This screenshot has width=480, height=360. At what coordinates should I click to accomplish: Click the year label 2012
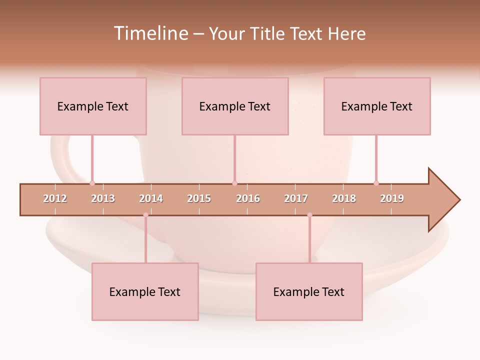(55, 198)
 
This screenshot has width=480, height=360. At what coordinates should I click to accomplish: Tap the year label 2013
(103, 198)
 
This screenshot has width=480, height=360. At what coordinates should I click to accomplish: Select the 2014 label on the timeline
(151, 198)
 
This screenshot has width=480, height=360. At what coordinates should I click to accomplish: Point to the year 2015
(199, 198)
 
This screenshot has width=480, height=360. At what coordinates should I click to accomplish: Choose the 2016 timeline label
(248, 198)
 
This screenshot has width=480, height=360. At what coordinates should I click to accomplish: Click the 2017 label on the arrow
(296, 198)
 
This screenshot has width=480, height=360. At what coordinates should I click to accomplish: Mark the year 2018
(344, 198)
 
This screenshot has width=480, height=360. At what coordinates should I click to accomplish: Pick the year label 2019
(392, 198)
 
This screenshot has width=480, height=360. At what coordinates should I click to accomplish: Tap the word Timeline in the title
(150, 33)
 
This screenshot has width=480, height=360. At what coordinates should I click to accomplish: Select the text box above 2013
(93, 106)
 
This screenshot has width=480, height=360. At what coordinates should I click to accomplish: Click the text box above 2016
(235, 106)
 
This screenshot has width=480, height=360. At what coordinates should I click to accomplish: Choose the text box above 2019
(377, 106)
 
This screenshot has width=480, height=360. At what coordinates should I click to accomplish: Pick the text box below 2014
(145, 291)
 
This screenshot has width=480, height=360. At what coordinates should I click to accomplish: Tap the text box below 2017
(309, 291)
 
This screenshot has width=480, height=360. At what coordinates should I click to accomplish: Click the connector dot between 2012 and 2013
(92, 183)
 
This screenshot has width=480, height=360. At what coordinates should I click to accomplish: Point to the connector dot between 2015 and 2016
(234, 183)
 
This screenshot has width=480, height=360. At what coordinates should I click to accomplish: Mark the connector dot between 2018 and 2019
(376, 183)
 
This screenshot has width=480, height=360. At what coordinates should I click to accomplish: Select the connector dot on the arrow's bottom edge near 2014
(145, 215)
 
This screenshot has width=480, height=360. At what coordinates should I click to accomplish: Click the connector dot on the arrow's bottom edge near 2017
(309, 215)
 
